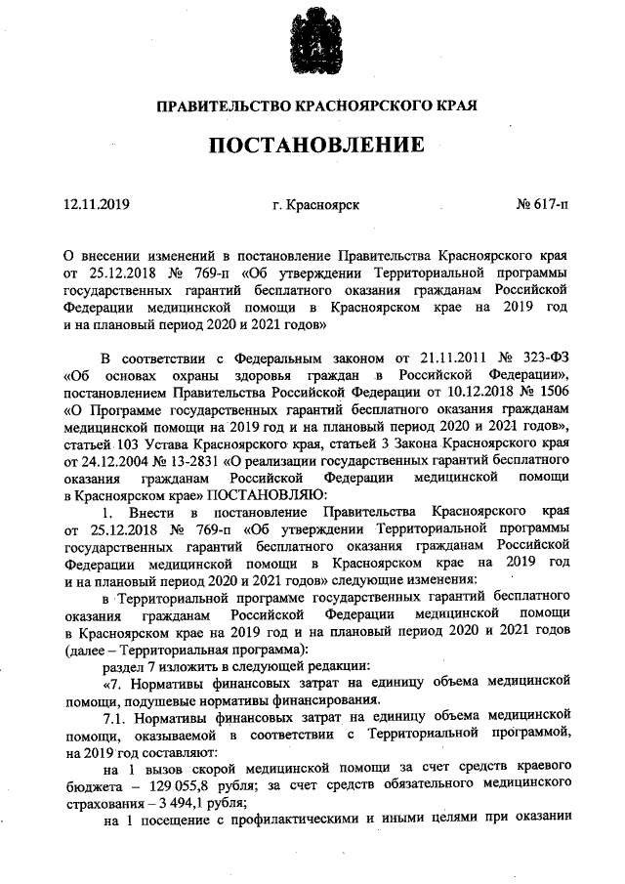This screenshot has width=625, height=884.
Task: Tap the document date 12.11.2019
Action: click(x=97, y=205)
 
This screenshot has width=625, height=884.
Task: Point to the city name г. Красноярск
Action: click(x=316, y=205)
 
